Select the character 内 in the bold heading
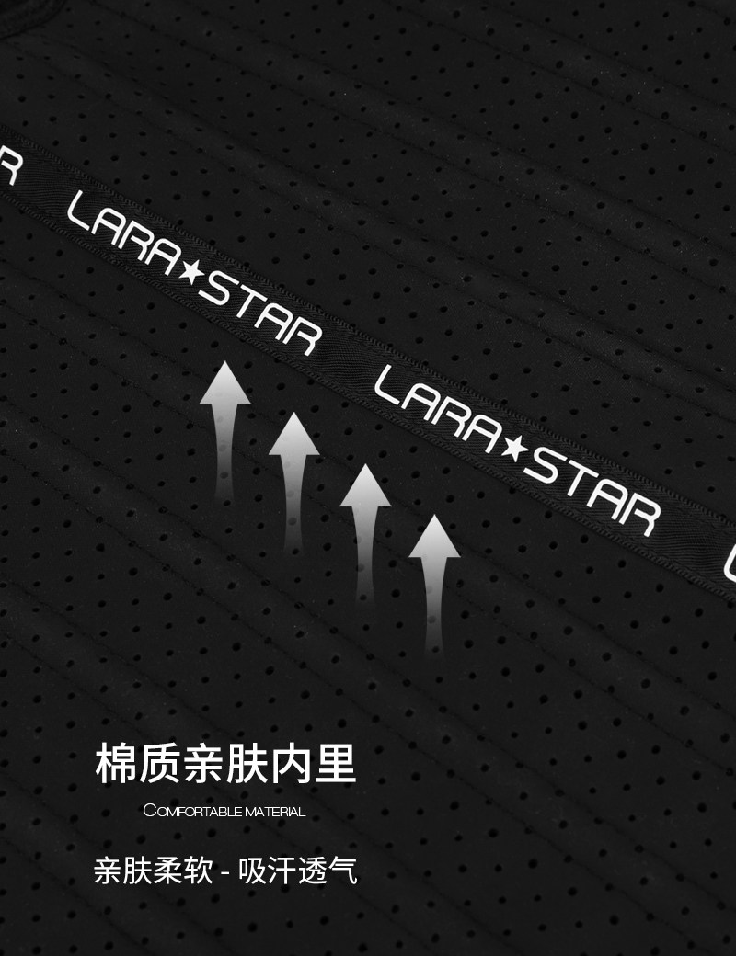[x=291, y=764]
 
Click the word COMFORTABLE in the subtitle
[x=193, y=812]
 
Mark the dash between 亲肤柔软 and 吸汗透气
[x=224, y=871]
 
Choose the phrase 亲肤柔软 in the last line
[x=152, y=870]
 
